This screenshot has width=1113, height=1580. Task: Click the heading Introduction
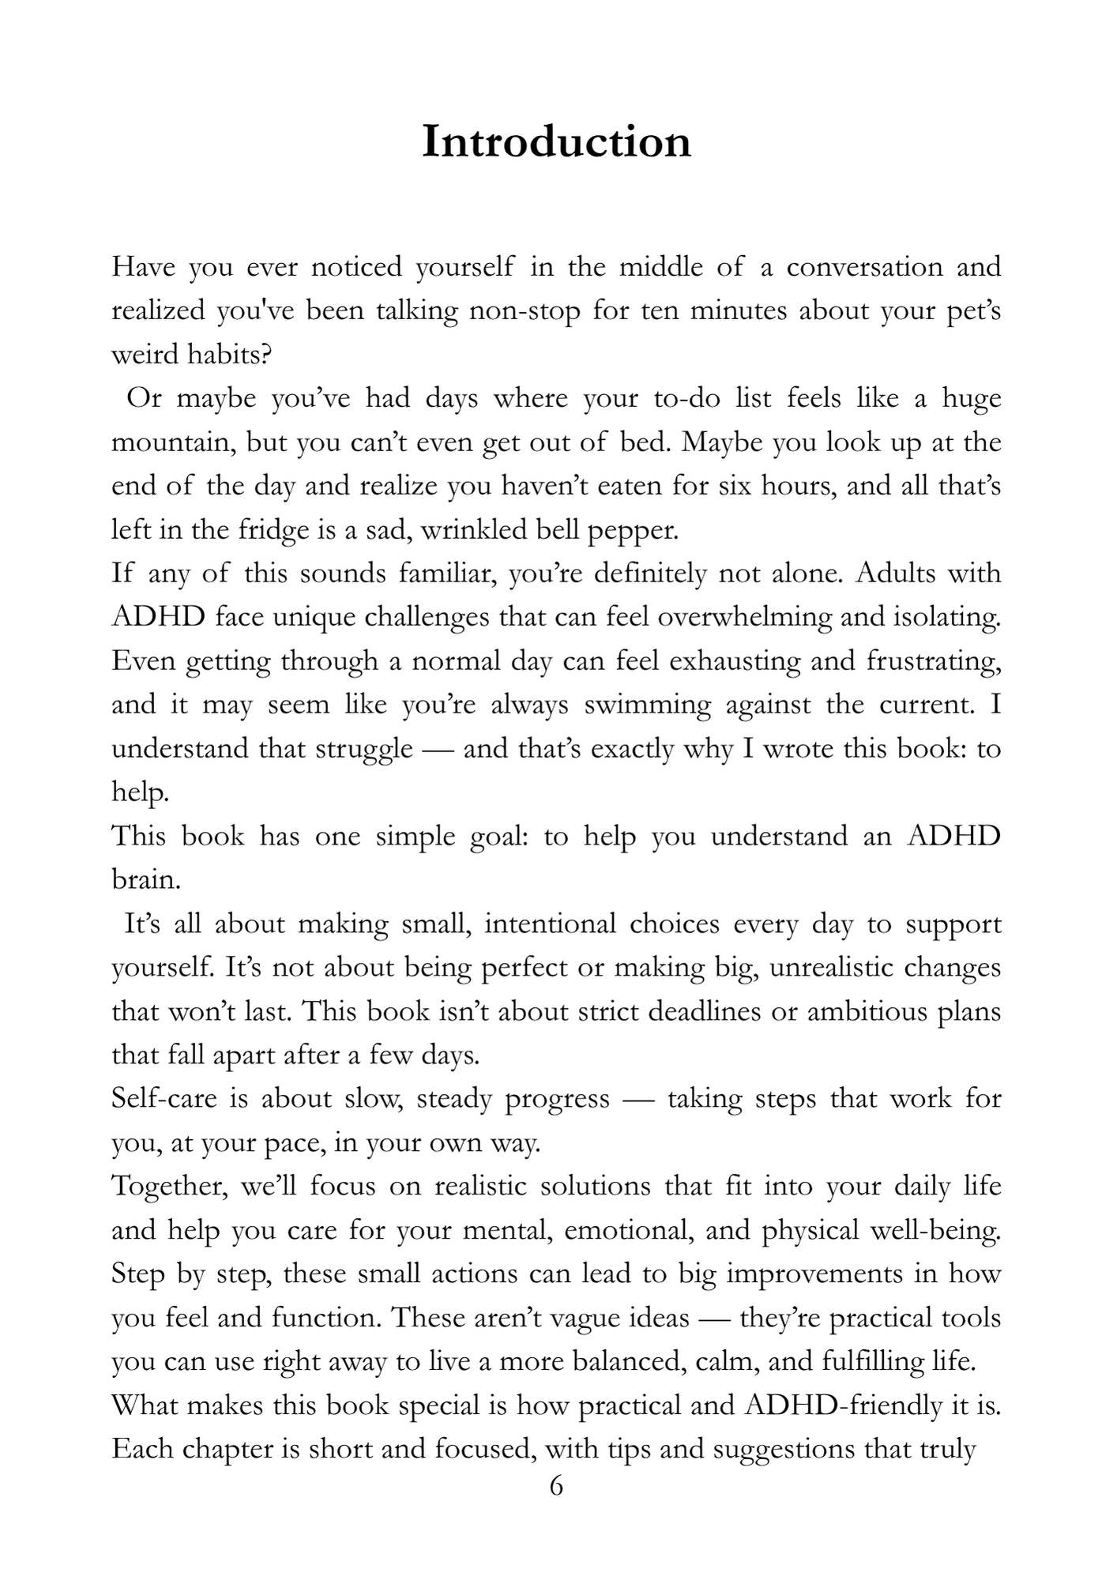pyautogui.click(x=556, y=142)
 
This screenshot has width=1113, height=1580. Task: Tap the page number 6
pyautogui.click(x=556, y=1486)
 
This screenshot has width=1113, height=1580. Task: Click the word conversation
pyautogui.click(x=864, y=267)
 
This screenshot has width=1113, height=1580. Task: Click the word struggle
pyautogui.click(x=364, y=749)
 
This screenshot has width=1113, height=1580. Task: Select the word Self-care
pyautogui.click(x=164, y=1099)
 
